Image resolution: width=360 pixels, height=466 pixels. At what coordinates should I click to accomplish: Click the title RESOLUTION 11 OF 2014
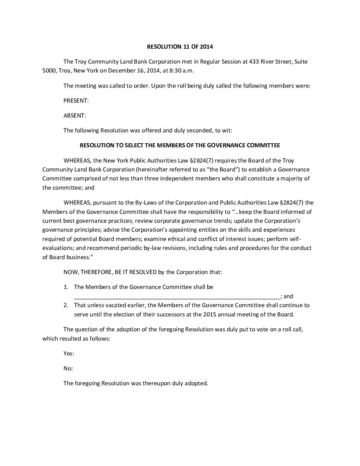(x=180, y=47)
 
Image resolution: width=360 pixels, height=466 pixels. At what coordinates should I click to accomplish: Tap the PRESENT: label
(x=76, y=101)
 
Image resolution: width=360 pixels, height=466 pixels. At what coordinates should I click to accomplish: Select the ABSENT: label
(x=75, y=116)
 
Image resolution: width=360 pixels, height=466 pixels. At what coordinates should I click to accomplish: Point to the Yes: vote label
(x=69, y=353)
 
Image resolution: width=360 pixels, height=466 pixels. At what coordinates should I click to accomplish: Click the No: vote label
(x=68, y=368)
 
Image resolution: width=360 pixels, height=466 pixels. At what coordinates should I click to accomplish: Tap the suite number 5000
(x=49, y=70)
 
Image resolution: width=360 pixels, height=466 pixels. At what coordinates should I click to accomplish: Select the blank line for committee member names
(x=177, y=297)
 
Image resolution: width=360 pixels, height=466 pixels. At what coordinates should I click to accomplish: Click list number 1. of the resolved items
(x=66, y=287)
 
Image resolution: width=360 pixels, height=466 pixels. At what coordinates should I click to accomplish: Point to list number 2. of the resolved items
(x=66, y=305)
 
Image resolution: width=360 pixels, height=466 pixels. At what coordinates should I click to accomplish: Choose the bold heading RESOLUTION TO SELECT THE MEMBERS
(x=180, y=145)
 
